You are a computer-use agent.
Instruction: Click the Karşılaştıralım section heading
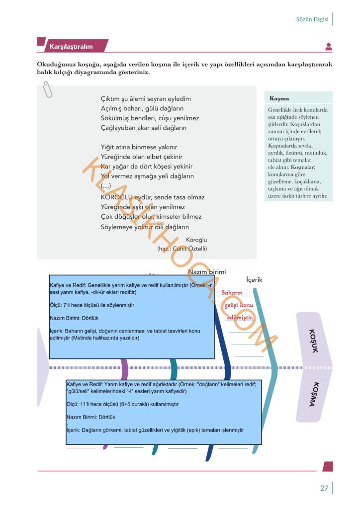[71, 46]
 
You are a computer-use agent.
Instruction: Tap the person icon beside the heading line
[329, 47]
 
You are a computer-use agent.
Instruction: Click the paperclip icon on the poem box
[47, 89]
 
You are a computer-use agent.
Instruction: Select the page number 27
[324, 488]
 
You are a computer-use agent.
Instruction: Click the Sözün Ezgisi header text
[312, 19]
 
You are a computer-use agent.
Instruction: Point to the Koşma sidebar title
[279, 98]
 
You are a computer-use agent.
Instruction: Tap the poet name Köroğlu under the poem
[196, 240]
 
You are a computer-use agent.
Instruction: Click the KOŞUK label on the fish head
[314, 341]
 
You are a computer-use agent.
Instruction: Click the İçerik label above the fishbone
[254, 279]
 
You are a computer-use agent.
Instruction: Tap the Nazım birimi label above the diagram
[207, 272]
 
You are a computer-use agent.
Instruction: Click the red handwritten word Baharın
[232, 292]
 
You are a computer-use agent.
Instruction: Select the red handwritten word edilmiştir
[240, 317]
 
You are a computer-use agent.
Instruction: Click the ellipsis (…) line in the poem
[106, 186]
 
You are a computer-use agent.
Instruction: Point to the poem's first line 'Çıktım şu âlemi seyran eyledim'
[146, 99]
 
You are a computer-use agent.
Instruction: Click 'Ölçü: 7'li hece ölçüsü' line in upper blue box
[92, 305]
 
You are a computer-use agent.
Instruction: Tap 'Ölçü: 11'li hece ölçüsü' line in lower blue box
[122, 404]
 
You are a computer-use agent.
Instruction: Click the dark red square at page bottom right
[328, 466]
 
